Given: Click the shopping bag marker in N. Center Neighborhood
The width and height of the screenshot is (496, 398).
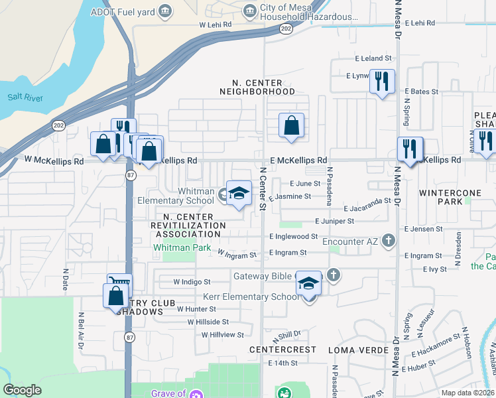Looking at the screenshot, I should (291, 125).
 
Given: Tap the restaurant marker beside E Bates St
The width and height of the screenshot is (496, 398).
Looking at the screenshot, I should (382, 82).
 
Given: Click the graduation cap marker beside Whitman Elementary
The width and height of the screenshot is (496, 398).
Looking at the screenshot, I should (239, 194).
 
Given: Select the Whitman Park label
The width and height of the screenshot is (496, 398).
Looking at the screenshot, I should (182, 247).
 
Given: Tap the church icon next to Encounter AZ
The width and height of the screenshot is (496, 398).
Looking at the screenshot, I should (389, 241).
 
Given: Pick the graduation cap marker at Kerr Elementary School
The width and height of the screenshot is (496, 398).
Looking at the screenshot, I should (308, 284).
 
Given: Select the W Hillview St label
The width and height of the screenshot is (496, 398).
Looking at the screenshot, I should (223, 335).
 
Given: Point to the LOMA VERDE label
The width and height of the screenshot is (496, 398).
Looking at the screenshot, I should (355, 349).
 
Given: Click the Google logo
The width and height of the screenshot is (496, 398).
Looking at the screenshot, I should (23, 390).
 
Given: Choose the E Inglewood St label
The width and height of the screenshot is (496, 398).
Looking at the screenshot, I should (294, 236).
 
